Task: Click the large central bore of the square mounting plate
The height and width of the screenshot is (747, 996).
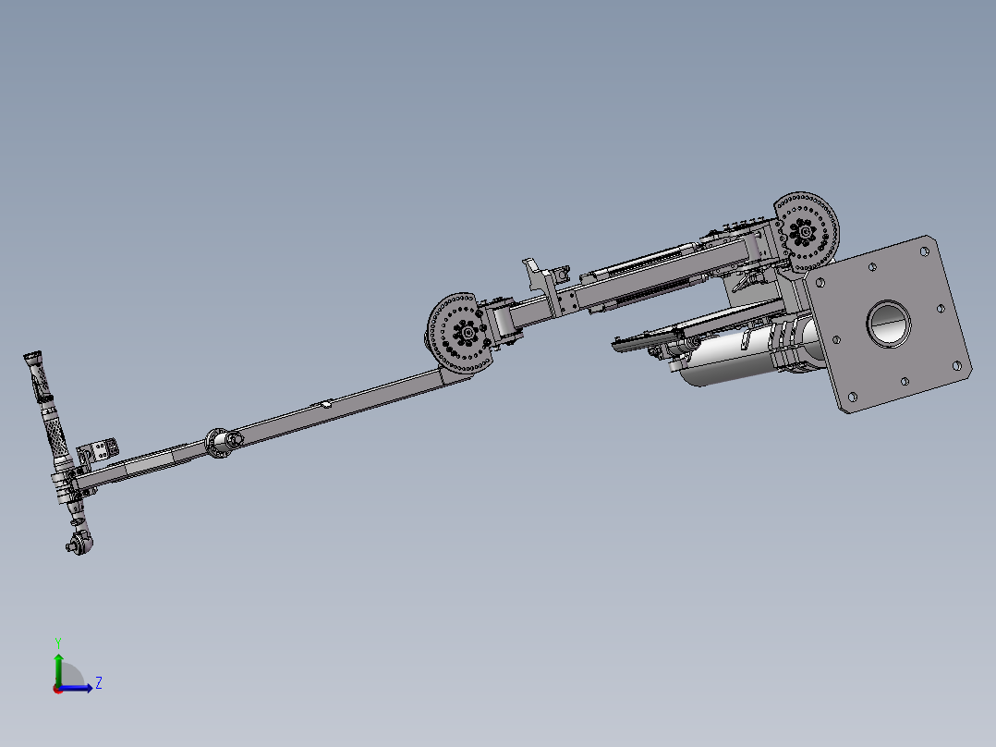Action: coord(889,324)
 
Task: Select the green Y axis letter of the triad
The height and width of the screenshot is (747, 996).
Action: coord(58,643)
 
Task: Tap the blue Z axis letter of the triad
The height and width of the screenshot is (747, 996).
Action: coord(99,683)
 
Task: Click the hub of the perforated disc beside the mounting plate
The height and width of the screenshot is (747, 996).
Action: coord(806,232)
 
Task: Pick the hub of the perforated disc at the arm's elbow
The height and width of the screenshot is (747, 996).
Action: coord(468,333)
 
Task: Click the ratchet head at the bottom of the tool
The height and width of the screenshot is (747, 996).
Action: coord(79,544)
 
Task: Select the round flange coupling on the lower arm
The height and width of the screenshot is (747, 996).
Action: coord(218,443)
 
